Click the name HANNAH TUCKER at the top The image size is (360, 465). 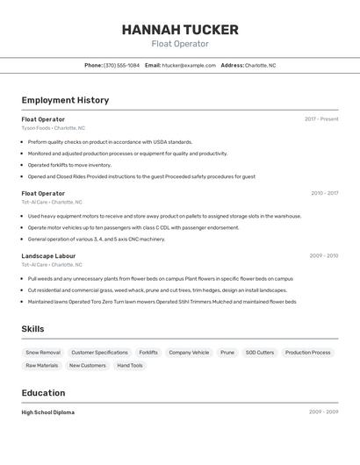179,29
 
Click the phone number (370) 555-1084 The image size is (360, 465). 121,65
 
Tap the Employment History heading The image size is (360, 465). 65,100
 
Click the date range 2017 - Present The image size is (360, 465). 321,119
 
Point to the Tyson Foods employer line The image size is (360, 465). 53,128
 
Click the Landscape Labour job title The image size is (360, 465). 49,256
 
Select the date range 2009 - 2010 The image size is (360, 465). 323,256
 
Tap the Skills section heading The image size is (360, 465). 33,329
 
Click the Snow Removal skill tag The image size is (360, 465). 43,353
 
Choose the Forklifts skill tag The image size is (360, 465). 148,353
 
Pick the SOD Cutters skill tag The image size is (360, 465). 260,353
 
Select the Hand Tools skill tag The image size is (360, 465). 129,365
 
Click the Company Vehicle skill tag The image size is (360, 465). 189,353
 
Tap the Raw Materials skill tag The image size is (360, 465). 42,365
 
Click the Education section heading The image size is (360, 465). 43,393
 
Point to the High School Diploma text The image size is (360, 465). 48,412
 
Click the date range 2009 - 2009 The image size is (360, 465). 323,412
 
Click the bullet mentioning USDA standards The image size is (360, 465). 110,141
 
